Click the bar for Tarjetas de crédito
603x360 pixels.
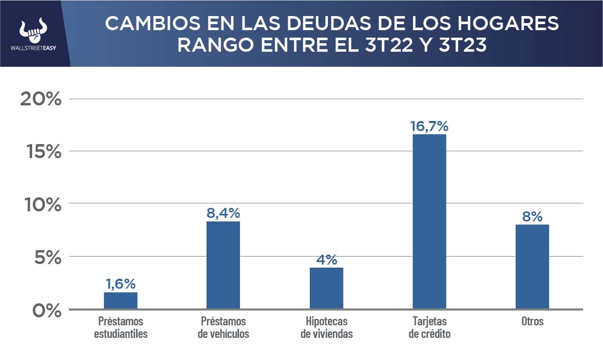click(429, 221)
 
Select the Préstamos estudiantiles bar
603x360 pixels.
click(120, 300)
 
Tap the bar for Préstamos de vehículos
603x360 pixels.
click(223, 265)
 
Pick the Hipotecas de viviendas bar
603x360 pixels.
click(326, 288)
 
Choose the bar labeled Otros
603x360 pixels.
click(532, 267)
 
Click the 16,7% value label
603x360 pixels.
click(429, 126)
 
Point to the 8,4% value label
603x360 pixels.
click(223, 213)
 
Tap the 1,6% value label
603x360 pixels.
click(120, 284)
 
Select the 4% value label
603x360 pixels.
click(326, 260)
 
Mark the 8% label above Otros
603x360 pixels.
click(532, 216)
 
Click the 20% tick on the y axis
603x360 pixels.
click(41, 99)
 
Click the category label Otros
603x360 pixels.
click(532, 321)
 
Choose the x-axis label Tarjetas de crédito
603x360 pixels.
click(429, 327)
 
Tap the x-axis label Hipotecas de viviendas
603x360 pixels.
click(326, 327)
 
